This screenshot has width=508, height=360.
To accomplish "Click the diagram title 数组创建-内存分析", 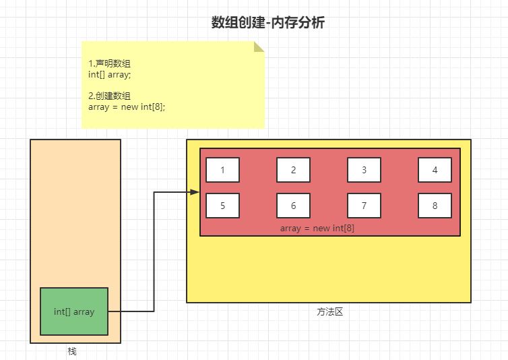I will pyautogui.click(x=268, y=23).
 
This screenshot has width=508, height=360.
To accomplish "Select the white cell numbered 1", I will pyautogui.click(x=223, y=170).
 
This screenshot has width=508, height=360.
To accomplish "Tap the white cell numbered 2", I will pyautogui.click(x=293, y=170).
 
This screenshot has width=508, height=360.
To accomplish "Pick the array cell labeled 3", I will pyautogui.click(x=364, y=170).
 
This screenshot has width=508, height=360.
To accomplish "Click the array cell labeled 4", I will pyautogui.click(x=435, y=170).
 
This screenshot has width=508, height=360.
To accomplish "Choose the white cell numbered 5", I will pyautogui.click(x=223, y=206).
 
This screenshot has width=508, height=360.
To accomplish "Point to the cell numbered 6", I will pyautogui.click(x=293, y=206).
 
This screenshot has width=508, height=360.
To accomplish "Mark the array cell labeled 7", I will pyautogui.click(x=364, y=206).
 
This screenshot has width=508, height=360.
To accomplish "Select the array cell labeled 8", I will pyautogui.click(x=435, y=206).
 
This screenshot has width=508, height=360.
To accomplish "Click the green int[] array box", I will pyautogui.click(x=74, y=311).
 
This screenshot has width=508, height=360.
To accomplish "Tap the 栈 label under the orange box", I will pyautogui.click(x=72, y=351).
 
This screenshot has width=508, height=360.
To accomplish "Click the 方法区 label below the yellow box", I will pyautogui.click(x=330, y=312).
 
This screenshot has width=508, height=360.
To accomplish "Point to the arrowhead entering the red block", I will pyautogui.click(x=195, y=192).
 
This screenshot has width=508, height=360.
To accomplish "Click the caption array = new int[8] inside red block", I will pyautogui.click(x=317, y=229).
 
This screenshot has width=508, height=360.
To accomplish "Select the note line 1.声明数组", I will pyautogui.click(x=109, y=63).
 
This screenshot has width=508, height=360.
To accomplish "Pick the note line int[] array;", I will pyautogui.click(x=110, y=74).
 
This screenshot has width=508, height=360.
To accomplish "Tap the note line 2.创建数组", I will pyautogui.click(x=109, y=96).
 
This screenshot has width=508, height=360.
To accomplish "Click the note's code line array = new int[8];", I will pyautogui.click(x=127, y=107).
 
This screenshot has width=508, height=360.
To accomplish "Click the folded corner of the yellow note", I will pyautogui.click(x=259, y=47).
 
